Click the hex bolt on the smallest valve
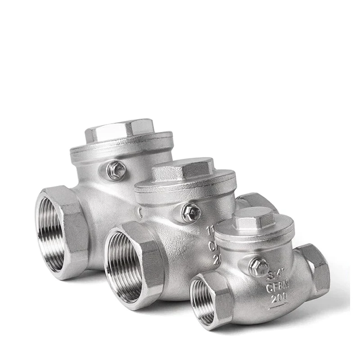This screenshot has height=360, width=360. [x=257, y=267]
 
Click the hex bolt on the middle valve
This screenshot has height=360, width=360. [x=191, y=211]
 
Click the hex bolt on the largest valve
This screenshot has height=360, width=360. [x=116, y=170]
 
